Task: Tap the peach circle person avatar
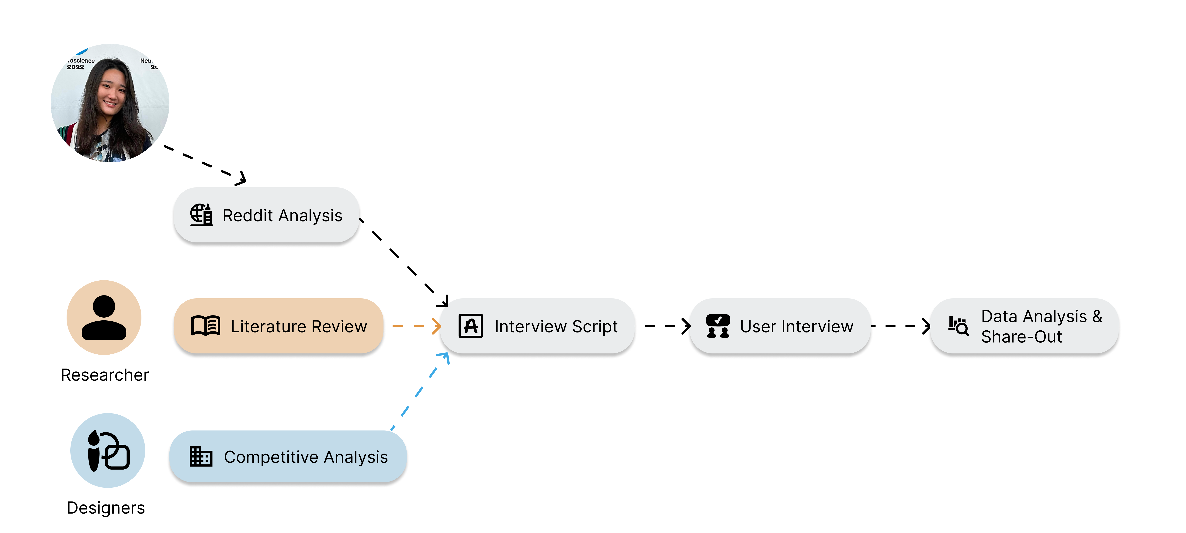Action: pyautogui.click(x=104, y=317)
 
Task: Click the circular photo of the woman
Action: pyautogui.click(x=110, y=103)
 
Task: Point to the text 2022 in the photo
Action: pyautogui.click(x=75, y=67)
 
